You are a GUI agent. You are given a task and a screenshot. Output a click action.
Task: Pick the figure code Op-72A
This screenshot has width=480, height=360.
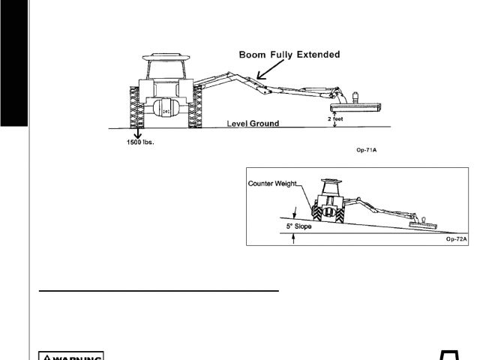456,238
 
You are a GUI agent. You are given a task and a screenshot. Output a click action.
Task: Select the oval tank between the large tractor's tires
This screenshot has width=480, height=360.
167,109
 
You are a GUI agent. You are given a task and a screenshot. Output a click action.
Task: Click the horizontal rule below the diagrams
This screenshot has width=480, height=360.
158,289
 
